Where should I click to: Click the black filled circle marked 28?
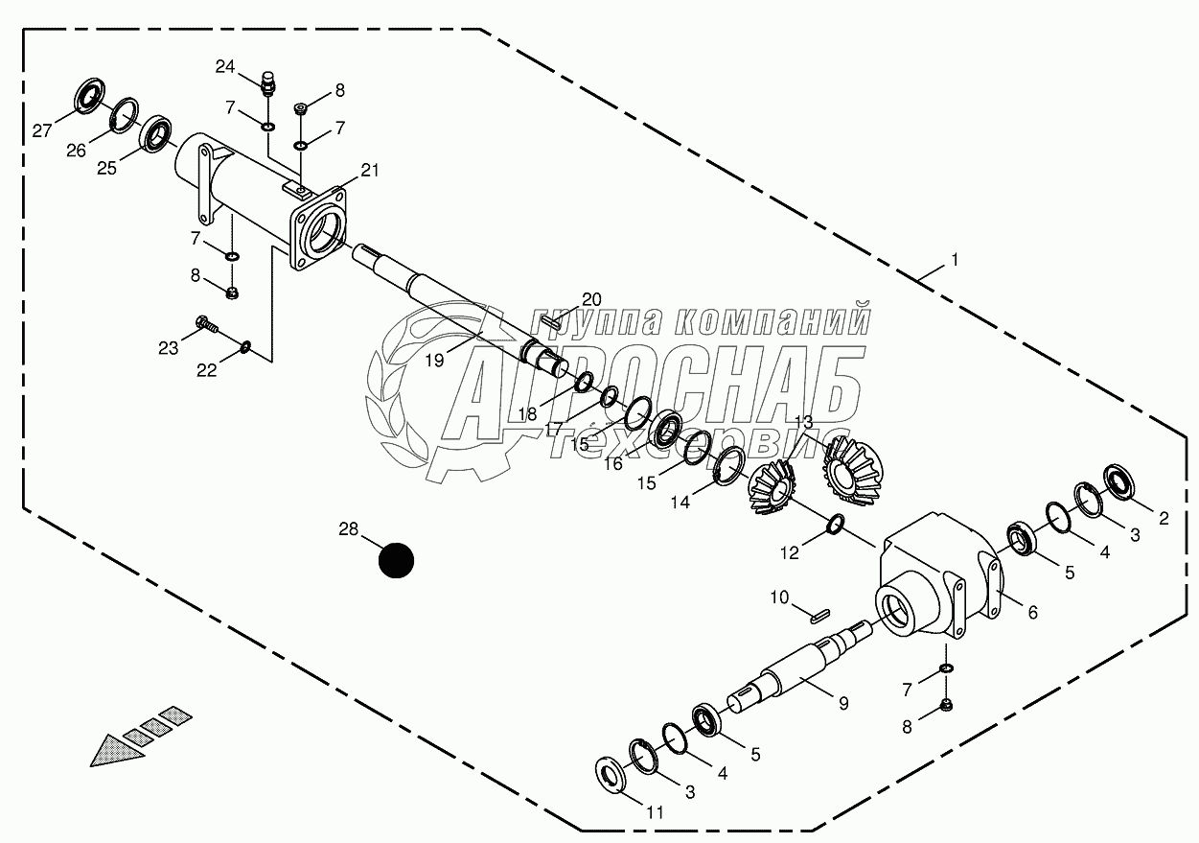396,560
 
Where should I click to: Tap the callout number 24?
225,66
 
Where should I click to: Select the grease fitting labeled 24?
269,83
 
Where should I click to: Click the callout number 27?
42,131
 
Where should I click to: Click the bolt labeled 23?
205,324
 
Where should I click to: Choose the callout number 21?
370,171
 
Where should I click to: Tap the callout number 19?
434,361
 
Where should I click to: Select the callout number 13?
803,421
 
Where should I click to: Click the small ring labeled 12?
836,524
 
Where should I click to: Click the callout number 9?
843,703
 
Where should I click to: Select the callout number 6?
1032,612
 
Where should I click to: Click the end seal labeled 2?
1118,480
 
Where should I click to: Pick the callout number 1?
954,260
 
